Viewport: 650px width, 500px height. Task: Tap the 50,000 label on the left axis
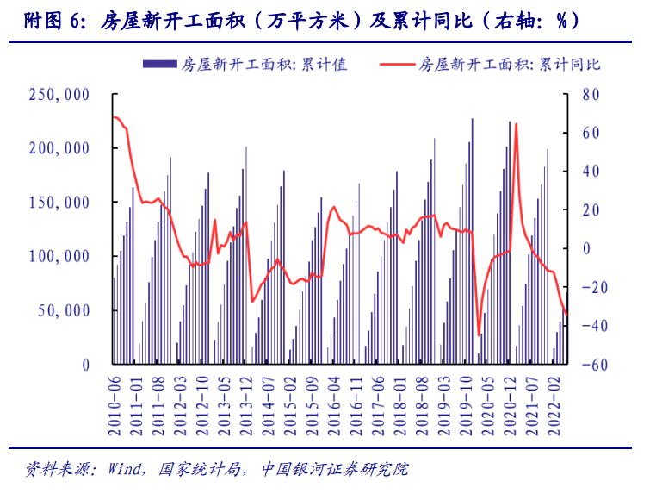click(65, 310)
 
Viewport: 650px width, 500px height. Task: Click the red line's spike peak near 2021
click(516, 124)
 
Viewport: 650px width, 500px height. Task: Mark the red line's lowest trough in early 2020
click(479, 335)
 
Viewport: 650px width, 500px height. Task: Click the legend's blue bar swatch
click(159, 66)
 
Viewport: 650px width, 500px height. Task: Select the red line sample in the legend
click(394, 66)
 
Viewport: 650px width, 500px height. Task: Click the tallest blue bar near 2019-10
click(472, 241)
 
